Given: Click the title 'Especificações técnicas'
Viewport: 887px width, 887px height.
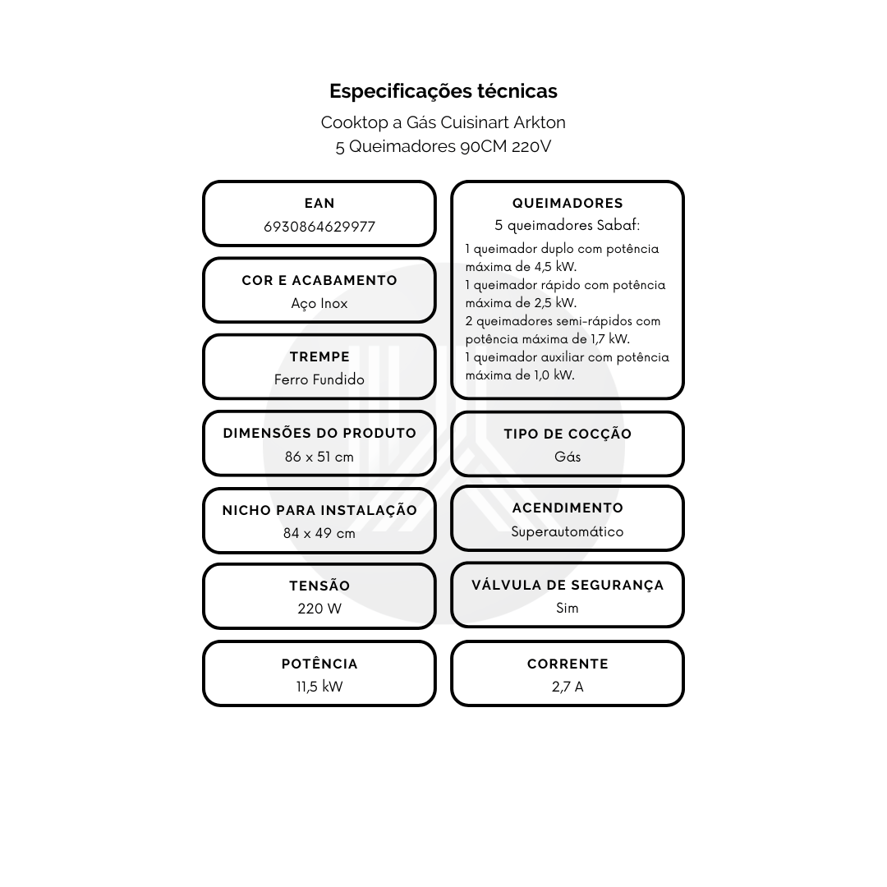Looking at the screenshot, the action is point(443,91).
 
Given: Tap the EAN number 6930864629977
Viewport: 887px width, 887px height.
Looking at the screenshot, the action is point(319,227).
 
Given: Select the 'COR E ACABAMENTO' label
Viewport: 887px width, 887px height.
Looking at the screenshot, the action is point(319,281).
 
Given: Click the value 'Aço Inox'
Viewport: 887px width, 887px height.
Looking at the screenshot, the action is point(319,304).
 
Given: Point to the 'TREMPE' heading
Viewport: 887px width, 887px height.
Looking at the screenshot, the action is point(319,357).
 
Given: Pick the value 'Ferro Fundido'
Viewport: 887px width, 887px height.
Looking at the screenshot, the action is point(319,379).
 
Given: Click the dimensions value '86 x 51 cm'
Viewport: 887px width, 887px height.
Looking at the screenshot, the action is point(319,457).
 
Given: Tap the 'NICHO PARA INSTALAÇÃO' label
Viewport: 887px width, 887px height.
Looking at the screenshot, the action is point(319,510).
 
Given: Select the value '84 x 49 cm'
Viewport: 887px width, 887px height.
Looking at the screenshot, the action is point(319,534).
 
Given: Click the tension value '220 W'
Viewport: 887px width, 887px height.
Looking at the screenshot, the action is point(319,609).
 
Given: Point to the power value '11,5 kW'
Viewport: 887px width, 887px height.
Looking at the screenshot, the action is point(319,687).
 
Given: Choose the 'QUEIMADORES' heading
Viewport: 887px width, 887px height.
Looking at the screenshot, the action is point(568,203).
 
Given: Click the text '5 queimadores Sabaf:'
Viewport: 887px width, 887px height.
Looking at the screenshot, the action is point(568,225).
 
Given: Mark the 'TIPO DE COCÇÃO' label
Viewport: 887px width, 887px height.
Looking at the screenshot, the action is point(568,434).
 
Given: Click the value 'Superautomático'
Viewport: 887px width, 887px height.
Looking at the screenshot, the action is point(568,531).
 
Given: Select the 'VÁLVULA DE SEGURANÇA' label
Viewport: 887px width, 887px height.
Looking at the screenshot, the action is point(568,585).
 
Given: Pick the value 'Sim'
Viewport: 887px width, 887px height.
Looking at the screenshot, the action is point(568,608).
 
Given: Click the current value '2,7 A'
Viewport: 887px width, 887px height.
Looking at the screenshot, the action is point(568,687).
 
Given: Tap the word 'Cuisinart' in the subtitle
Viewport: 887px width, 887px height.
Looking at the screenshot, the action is point(476,122).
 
